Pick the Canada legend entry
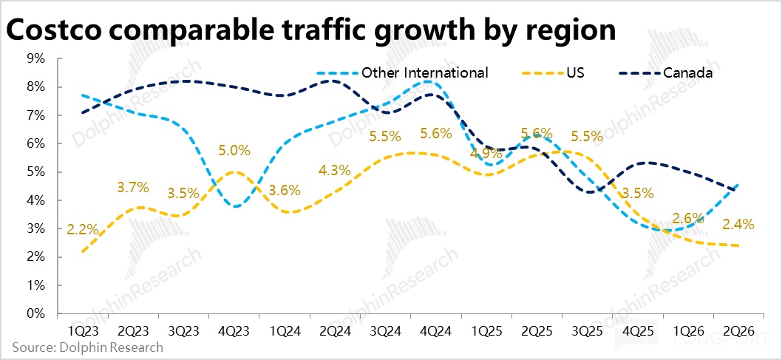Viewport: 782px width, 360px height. (687, 72)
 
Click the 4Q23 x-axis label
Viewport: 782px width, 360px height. (234, 331)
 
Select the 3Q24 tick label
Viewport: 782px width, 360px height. (385, 331)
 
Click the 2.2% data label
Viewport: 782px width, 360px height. (83, 229)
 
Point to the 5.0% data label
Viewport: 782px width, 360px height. (235, 152)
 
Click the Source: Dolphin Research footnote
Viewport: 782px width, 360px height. (87, 347)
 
